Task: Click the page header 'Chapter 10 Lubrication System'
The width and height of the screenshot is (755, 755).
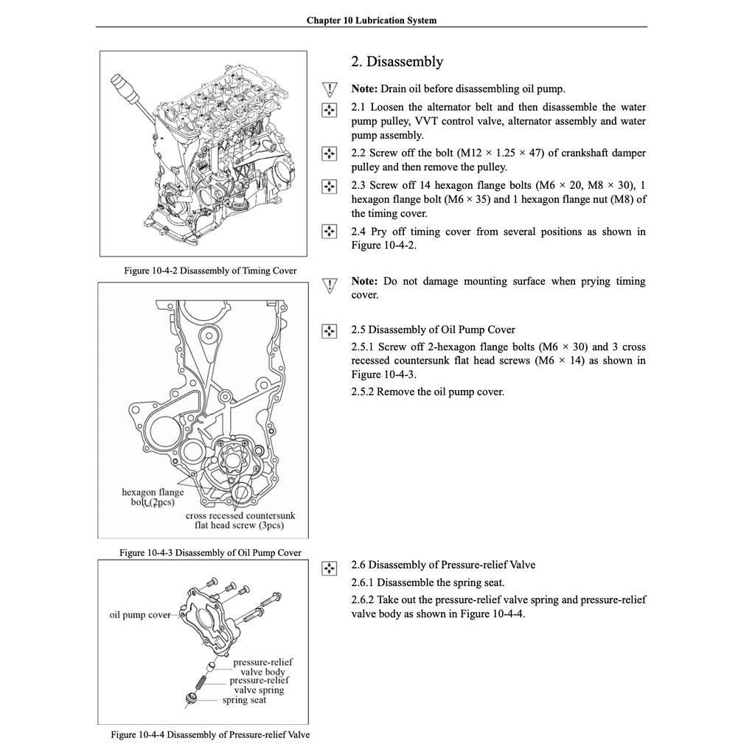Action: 371,21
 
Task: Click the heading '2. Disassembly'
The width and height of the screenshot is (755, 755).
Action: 397,62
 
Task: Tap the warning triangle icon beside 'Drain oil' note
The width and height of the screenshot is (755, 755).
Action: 329,90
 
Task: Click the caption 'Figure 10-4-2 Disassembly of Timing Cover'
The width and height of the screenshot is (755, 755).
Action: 210,271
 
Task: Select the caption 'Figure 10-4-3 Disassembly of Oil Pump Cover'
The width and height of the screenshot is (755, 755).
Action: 209,553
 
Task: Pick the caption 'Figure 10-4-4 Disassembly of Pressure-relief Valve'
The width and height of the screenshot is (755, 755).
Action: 210,735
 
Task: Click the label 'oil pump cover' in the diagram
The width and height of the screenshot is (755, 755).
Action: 140,615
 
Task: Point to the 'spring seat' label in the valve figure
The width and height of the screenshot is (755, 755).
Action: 244,700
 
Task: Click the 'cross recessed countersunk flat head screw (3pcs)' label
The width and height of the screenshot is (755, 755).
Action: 240,521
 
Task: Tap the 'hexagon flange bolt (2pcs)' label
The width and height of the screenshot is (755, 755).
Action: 153,498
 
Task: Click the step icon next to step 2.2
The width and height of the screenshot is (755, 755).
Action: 329,153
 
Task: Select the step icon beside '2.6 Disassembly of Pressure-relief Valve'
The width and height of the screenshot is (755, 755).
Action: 329,566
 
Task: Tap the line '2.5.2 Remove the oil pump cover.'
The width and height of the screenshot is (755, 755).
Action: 428,392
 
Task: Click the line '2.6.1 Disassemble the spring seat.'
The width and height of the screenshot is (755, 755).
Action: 428,582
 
